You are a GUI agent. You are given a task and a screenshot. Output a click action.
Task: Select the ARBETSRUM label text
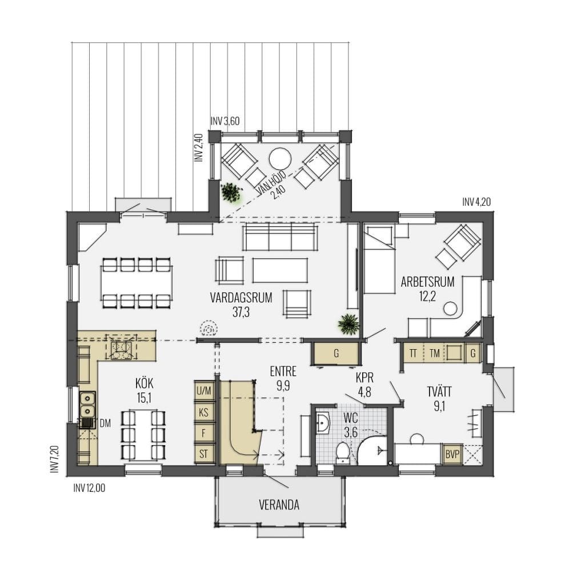[x=427, y=282]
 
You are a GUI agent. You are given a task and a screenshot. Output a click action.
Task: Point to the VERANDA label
[x=279, y=505]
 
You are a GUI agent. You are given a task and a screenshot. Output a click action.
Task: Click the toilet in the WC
[x=343, y=451]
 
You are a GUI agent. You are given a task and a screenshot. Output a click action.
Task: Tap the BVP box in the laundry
[x=451, y=454]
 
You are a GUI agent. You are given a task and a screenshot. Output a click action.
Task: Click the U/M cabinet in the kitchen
[x=204, y=391]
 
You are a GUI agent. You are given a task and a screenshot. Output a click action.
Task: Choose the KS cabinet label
[x=204, y=412]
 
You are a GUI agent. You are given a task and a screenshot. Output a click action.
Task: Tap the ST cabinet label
[x=204, y=454]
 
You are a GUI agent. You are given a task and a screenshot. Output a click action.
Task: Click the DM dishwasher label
[x=105, y=423]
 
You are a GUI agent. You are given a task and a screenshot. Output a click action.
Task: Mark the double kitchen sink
[x=87, y=403]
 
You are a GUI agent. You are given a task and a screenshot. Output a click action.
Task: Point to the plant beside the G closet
[x=348, y=324]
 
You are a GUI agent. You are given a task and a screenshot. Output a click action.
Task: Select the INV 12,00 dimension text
[x=89, y=488]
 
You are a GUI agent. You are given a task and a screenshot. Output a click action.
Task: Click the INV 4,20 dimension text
[x=476, y=202]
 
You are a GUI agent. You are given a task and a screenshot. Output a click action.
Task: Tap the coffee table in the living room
[x=280, y=270]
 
